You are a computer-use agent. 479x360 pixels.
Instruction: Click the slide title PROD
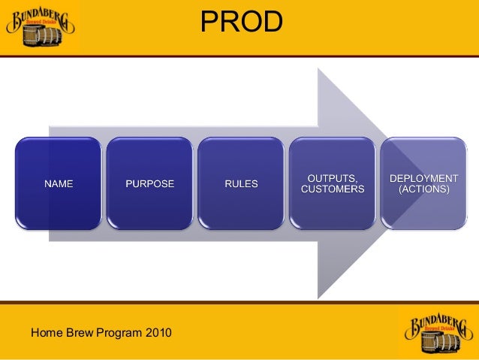[241, 23]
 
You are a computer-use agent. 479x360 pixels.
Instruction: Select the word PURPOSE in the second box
[149, 183]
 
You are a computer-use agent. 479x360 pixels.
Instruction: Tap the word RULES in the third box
[241, 183]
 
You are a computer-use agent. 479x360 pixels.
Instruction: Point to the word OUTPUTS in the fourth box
[332, 177]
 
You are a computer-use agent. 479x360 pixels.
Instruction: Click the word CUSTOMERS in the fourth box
[332, 189]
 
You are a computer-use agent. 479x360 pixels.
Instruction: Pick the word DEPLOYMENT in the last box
[423, 178]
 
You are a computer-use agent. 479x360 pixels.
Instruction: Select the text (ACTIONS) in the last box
[423, 189]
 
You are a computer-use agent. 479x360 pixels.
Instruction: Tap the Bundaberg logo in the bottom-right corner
[438, 331]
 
